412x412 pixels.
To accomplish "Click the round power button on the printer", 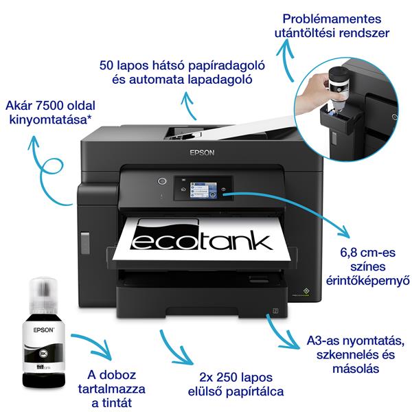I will click(163, 181).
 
